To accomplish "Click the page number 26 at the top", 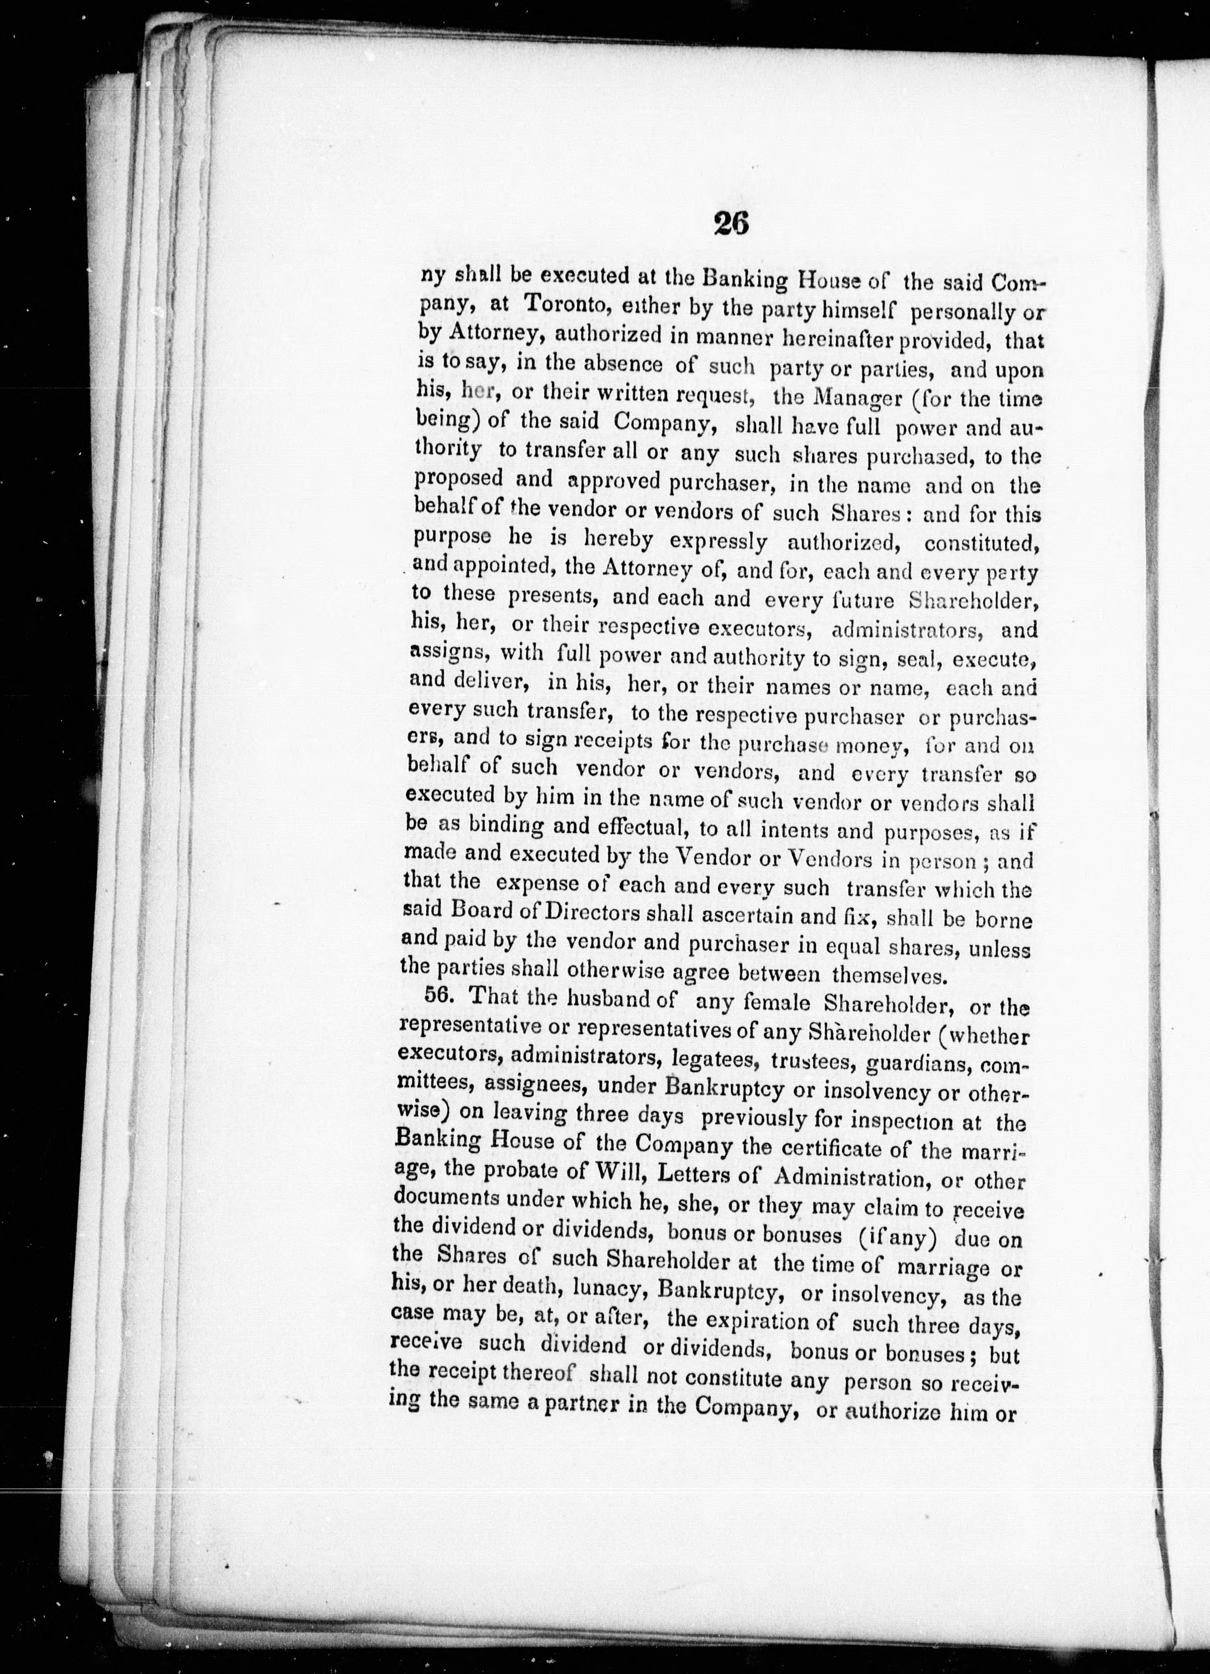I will point(731,223).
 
